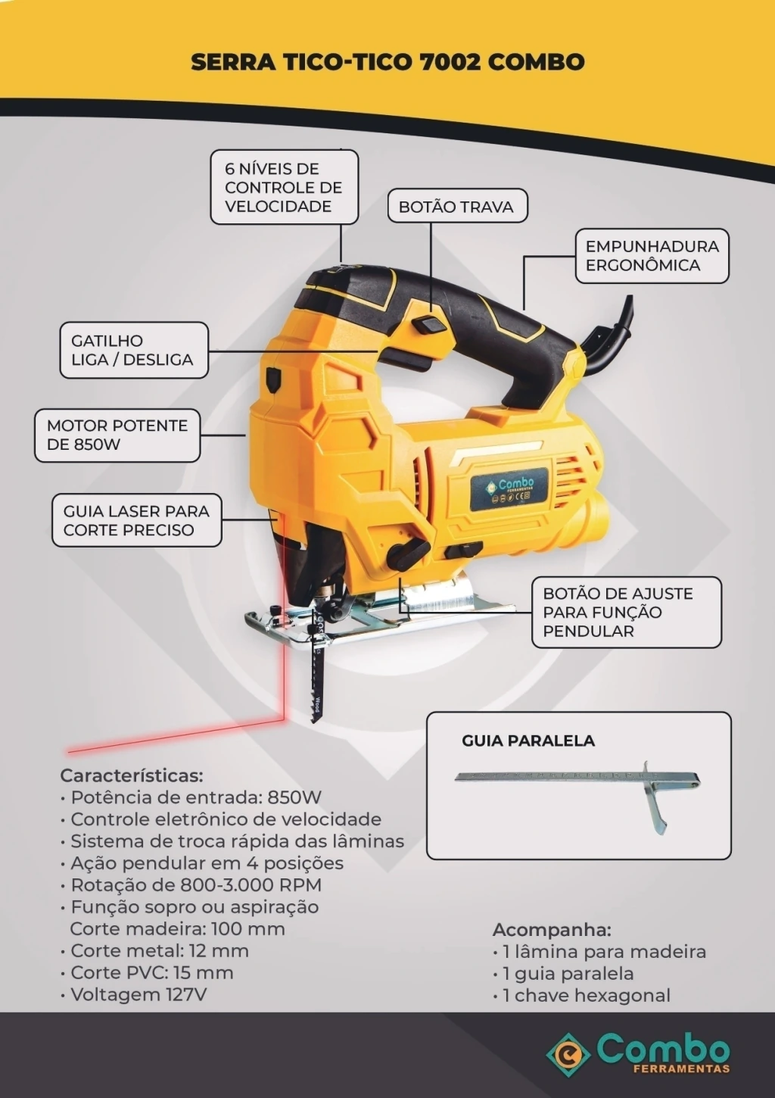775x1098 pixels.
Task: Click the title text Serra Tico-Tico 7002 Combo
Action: pos(387,62)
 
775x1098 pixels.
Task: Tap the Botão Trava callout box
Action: pos(458,207)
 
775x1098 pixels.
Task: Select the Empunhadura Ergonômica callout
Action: pos(652,256)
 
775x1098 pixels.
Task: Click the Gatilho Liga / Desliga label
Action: pos(134,350)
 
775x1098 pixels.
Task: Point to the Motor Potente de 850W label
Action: pos(117,435)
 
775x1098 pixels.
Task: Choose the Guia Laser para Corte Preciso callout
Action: pos(137,520)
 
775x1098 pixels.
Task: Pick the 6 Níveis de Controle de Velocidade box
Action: pos(284,187)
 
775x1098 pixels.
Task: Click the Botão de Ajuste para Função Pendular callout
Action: pos(627,613)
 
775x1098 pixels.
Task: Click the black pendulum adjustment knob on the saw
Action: pos(408,553)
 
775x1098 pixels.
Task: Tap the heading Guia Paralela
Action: pos(528,740)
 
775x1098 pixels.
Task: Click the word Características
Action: pos(131,776)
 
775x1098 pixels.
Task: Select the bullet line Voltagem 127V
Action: pos(133,994)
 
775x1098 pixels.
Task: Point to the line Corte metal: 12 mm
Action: pos(155,951)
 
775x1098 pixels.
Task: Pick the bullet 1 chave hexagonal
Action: pos(581,996)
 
